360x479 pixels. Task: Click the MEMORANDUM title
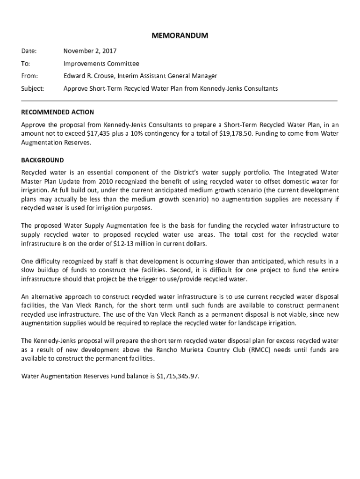[x=180, y=36]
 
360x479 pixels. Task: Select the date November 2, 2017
[x=90, y=51]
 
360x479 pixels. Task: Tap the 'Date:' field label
[x=29, y=51]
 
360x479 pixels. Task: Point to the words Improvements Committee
[x=101, y=64]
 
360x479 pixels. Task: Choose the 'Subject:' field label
[x=33, y=88]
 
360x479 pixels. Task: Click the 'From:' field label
[x=30, y=76]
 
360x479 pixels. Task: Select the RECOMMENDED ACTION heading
[x=58, y=112]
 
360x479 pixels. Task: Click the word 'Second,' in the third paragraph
[x=179, y=270]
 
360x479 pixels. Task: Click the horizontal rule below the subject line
[x=180, y=101]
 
